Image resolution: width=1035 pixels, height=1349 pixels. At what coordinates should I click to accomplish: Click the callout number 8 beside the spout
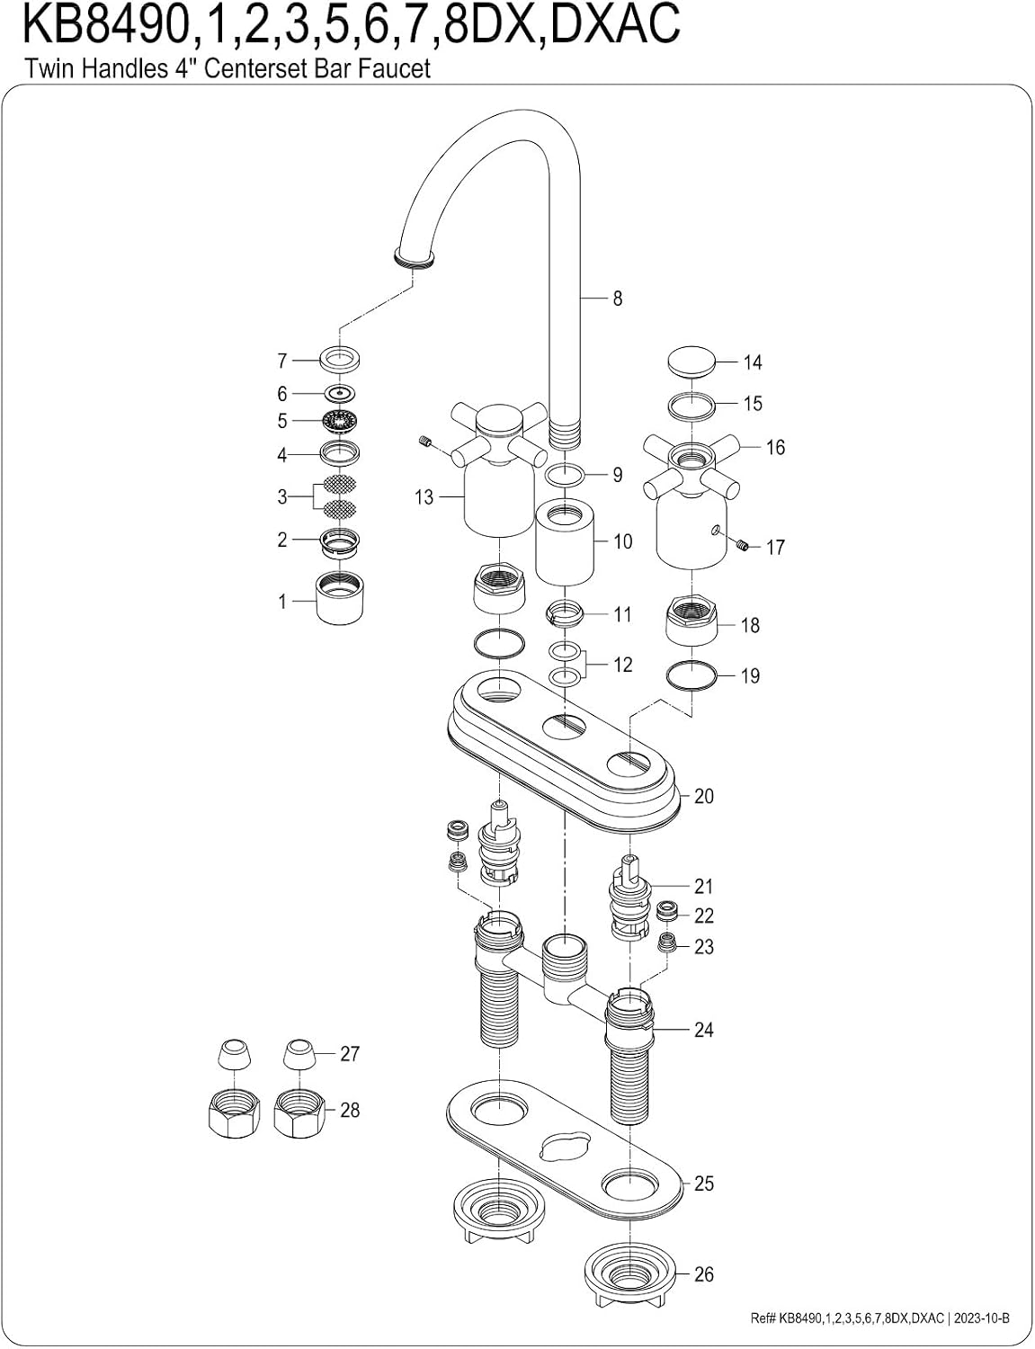click(x=617, y=299)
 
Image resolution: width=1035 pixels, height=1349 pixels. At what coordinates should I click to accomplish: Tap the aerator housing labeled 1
click(x=339, y=597)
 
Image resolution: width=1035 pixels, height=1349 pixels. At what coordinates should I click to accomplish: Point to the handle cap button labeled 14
click(x=691, y=361)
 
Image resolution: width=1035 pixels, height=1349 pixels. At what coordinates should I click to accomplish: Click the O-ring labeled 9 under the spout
click(x=566, y=476)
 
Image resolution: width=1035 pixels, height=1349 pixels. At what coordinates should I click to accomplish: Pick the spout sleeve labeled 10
click(x=565, y=542)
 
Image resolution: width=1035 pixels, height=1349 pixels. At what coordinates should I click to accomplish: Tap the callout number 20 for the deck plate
click(x=704, y=796)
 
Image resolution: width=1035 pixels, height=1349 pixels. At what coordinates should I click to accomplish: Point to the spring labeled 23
click(x=667, y=943)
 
